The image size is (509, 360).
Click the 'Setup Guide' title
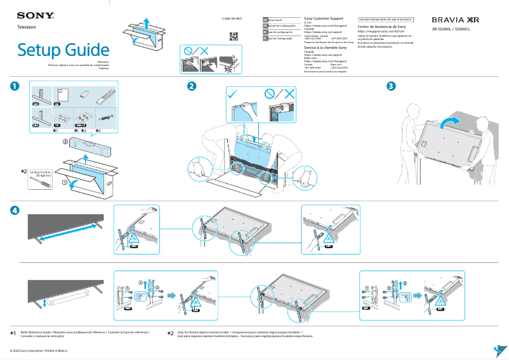(x=63, y=50)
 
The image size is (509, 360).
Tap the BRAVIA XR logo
(x=455, y=20)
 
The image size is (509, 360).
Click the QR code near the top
(x=233, y=36)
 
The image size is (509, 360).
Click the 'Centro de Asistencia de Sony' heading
(x=382, y=27)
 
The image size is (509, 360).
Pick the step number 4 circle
(x=15, y=210)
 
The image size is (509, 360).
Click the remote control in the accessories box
(x=104, y=97)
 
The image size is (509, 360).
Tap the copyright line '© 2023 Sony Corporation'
(x=38, y=350)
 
